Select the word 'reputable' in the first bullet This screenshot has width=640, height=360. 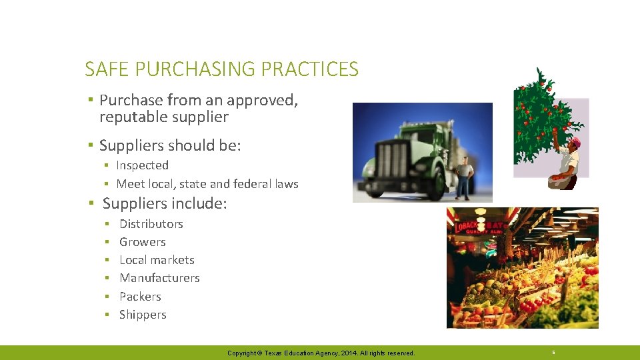click(x=130, y=117)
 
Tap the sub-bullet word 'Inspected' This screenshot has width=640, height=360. click(x=142, y=165)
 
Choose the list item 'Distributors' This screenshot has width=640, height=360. click(x=151, y=224)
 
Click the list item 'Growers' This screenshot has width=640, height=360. click(x=142, y=242)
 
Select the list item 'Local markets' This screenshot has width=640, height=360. click(x=157, y=260)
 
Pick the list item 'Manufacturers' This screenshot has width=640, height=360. click(x=159, y=278)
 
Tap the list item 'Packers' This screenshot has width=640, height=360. click(x=140, y=297)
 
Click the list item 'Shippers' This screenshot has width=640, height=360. click(x=143, y=315)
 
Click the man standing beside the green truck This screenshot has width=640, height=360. click(x=464, y=176)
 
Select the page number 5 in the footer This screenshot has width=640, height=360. click(x=553, y=352)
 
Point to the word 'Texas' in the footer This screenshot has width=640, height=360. click(x=274, y=353)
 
